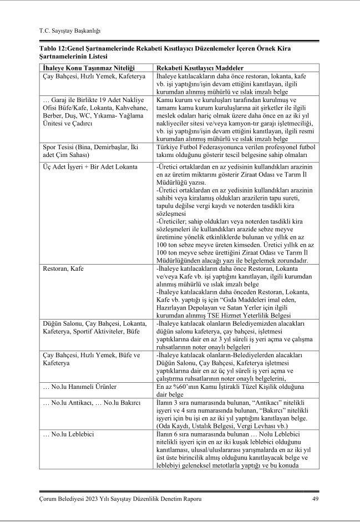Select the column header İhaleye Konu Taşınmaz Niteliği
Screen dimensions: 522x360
pyautogui.click(x=81, y=67)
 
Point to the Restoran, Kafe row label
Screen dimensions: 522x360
pyautogui.click(x=63, y=268)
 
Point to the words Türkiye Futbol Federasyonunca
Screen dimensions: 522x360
pyautogui.click(x=202, y=148)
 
